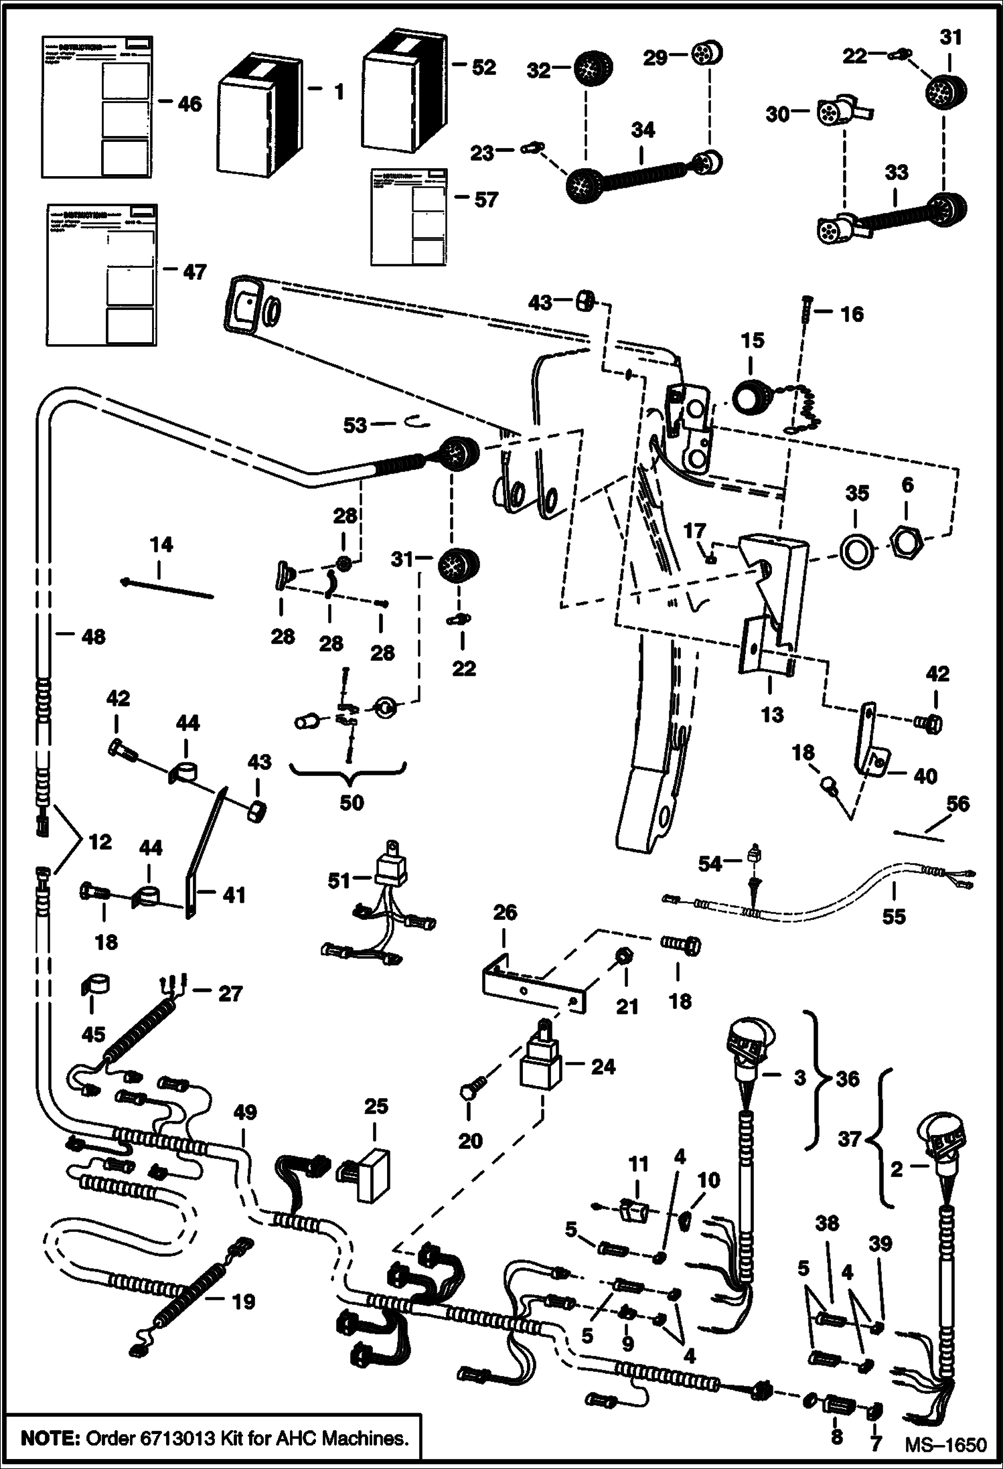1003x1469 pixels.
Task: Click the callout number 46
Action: (189, 104)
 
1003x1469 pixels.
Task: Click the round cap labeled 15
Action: (751, 396)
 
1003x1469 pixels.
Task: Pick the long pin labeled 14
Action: (167, 589)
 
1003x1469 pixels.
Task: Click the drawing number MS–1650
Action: (945, 1444)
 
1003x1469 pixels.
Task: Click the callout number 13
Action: (772, 715)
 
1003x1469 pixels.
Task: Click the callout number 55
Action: (894, 916)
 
